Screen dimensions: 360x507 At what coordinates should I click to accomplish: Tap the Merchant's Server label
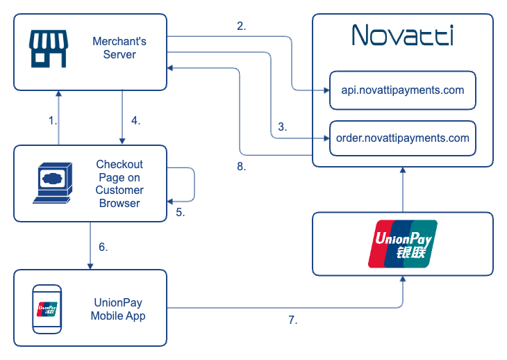coord(119,48)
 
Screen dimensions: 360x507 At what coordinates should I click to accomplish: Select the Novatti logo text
coord(402,35)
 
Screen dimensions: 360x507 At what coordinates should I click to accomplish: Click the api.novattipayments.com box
coord(402,90)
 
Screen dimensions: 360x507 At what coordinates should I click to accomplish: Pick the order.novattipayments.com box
coord(402,138)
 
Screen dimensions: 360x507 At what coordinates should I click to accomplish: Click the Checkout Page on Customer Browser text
coord(119,183)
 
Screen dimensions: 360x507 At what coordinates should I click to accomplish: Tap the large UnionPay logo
coord(403,243)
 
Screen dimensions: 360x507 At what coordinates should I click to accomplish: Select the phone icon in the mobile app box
coord(47,308)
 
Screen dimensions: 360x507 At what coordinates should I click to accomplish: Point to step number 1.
coord(52,120)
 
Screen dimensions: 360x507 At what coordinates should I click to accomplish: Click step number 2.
coord(241,26)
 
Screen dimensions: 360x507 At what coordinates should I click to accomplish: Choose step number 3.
coord(282,127)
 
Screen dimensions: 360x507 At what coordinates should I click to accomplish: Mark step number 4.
coord(135,120)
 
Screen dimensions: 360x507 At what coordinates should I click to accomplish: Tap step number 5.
coord(180,213)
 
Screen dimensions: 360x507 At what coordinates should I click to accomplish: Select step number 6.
coord(103,246)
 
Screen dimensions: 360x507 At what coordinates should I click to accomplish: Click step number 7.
coord(293,320)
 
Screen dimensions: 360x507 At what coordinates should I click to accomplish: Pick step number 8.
coord(241,167)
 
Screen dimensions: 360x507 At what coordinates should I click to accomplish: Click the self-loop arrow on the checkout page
coord(192,183)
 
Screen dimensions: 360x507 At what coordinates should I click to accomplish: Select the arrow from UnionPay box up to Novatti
coord(403,190)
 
